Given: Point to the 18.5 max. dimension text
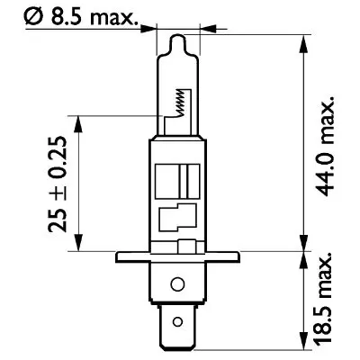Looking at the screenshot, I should (326, 297).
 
